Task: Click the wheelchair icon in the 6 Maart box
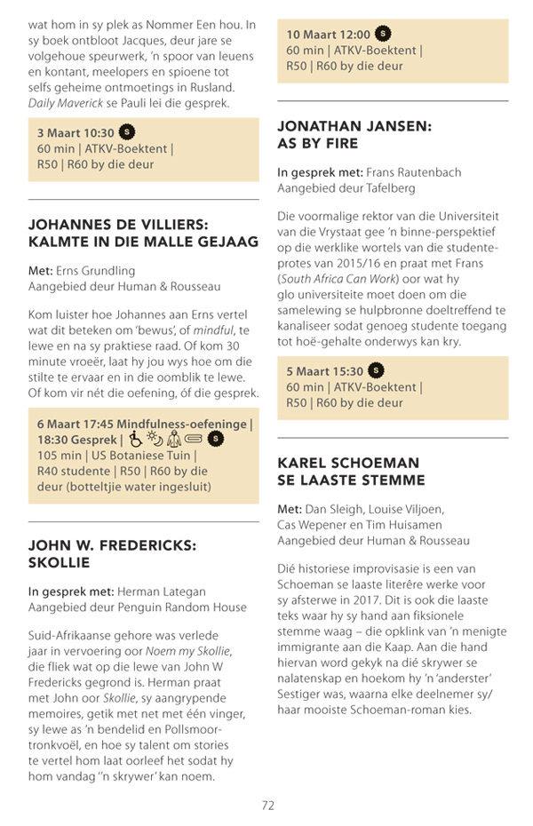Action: [x=135, y=438]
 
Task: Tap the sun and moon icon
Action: [x=154, y=438]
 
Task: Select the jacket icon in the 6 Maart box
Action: [x=173, y=438]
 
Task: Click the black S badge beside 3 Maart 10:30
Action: [x=126, y=132]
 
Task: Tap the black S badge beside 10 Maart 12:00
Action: [x=383, y=35]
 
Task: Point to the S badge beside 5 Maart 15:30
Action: [x=377, y=370]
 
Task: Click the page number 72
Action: [x=267, y=805]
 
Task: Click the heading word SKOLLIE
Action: [x=60, y=563]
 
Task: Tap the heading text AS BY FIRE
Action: [x=317, y=144]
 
